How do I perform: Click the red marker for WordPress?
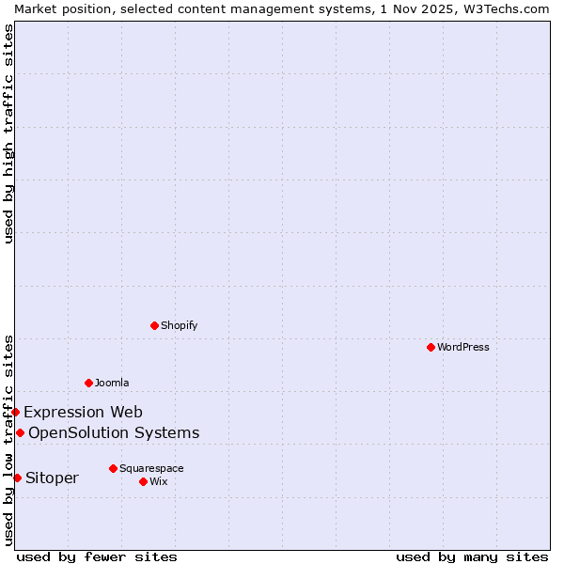coord(431,347)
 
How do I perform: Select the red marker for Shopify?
coord(154,325)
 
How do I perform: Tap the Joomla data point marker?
coord(88,383)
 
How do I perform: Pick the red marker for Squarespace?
coord(113,468)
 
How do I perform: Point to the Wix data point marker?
coord(143,481)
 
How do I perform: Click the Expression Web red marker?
coord(15,412)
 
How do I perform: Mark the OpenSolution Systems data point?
coord(20,432)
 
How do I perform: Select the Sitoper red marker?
coord(17,478)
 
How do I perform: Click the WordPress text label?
coord(463,347)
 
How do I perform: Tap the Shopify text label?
coord(179,325)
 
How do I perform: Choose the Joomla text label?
coord(112,383)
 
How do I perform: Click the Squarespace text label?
coord(151,468)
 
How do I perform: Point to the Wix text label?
coord(159,481)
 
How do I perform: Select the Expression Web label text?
coord(83,412)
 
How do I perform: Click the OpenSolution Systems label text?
coord(114,432)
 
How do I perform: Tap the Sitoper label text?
coord(52,478)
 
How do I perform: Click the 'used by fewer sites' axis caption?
coord(97,556)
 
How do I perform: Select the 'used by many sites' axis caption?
coord(472,556)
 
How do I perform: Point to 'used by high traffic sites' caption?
coord(8,133)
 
